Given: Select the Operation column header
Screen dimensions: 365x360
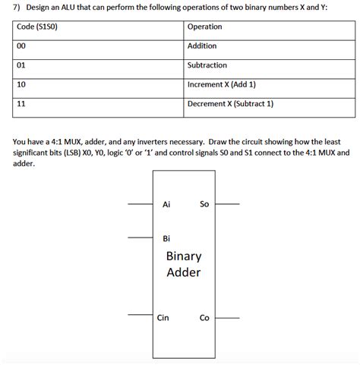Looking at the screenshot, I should click(x=204, y=27).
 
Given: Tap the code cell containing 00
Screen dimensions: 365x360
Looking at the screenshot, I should click(x=22, y=46).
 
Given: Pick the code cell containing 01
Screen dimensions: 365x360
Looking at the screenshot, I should click(x=22, y=65).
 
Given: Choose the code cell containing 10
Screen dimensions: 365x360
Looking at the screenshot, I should click(x=22, y=84).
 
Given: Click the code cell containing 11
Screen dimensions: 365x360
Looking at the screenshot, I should click(x=22, y=103).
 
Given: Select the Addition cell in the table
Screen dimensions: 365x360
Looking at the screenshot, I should click(x=201, y=46).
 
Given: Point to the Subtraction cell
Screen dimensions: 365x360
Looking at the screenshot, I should click(x=207, y=65).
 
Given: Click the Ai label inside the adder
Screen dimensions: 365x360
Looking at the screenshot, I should click(x=167, y=204).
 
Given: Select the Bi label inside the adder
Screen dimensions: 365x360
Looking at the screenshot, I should click(x=167, y=239).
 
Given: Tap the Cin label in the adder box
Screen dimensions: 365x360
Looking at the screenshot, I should click(x=163, y=318).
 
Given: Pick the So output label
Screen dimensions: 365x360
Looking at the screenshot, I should click(x=204, y=204).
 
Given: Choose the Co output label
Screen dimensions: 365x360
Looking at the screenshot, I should click(x=204, y=318).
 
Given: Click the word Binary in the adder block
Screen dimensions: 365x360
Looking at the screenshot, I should click(x=184, y=256).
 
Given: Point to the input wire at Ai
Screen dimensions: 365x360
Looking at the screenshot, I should click(x=140, y=204).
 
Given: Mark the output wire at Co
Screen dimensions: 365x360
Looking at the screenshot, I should click(x=228, y=318).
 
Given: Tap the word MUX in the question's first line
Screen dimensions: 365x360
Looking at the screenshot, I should click(x=87, y=142).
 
